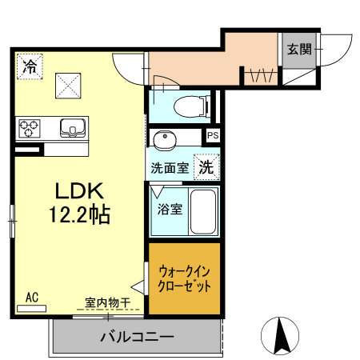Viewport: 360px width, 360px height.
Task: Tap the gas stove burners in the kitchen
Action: pyautogui.click(x=30, y=127)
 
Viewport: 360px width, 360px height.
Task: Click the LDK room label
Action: pyautogui.click(x=79, y=192)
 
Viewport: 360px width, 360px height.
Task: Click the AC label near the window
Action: pyautogui.click(x=32, y=297)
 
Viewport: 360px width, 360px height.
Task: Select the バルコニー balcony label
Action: pyautogui.click(x=136, y=337)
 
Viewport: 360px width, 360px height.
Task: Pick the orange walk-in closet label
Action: pyautogui.click(x=185, y=278)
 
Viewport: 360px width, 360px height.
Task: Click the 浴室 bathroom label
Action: pyautogui.click(x=169, y=210)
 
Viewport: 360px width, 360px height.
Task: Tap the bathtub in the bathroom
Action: pyautogui.click(x=204, y=211)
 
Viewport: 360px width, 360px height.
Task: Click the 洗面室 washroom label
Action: pyautogui.click(x=170, y=169)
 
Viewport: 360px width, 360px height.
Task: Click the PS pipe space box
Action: pyautogui.click(x=212, y=136)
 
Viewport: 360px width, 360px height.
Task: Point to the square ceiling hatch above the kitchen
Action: pyautogui.click(x=66, y=83)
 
